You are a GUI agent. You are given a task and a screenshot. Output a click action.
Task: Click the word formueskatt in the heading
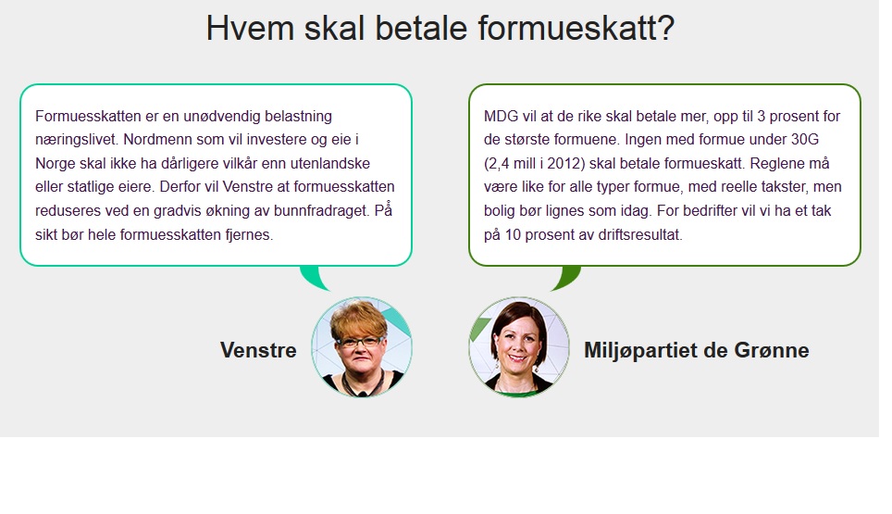(x=576, y=28)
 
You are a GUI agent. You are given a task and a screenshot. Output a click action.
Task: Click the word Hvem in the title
(x=250, y=28)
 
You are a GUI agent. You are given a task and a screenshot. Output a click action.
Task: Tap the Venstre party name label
(x=258, y=349)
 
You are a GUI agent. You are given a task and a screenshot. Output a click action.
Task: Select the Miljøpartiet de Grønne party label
(x=697, y=350)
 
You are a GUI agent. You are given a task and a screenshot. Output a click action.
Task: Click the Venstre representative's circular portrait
(x=362, y=346)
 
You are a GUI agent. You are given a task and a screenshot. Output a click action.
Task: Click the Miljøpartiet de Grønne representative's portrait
(x=519, y=346)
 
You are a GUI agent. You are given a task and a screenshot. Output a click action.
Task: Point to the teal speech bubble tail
(x=313, y=278)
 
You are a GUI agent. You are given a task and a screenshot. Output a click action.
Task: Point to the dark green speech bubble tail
(x=566, y=278)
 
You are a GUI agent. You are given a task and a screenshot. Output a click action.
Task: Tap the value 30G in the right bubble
(x=804, y=140)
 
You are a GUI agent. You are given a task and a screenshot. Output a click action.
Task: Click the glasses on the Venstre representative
(x=360, y=342)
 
